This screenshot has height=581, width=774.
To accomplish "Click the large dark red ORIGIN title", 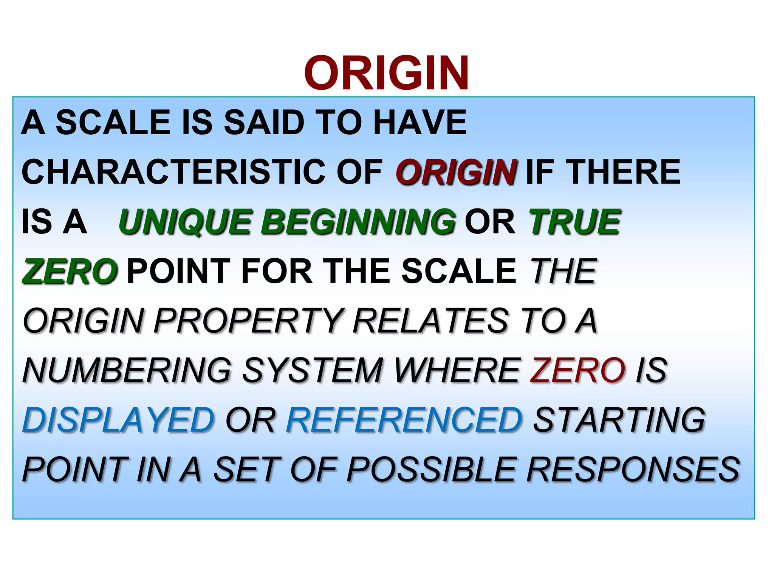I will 387,73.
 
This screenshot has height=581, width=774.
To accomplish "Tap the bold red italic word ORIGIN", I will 456,172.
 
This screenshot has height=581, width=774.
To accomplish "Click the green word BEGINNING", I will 358,222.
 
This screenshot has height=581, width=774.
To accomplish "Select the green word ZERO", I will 70,271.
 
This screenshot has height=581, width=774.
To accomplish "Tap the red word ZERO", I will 577,370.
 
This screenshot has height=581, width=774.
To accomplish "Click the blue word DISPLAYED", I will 118,419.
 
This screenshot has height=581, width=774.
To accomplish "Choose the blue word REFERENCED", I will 404,419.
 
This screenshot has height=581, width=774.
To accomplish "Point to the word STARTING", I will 619,419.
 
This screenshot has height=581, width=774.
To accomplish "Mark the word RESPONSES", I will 633,469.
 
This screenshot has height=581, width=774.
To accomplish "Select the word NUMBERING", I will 127,370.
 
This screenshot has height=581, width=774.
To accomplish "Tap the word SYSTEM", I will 313,370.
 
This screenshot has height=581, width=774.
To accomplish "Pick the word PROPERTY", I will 249,321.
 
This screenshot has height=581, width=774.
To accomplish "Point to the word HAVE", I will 420,122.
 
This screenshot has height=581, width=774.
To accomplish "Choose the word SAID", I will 264,122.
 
